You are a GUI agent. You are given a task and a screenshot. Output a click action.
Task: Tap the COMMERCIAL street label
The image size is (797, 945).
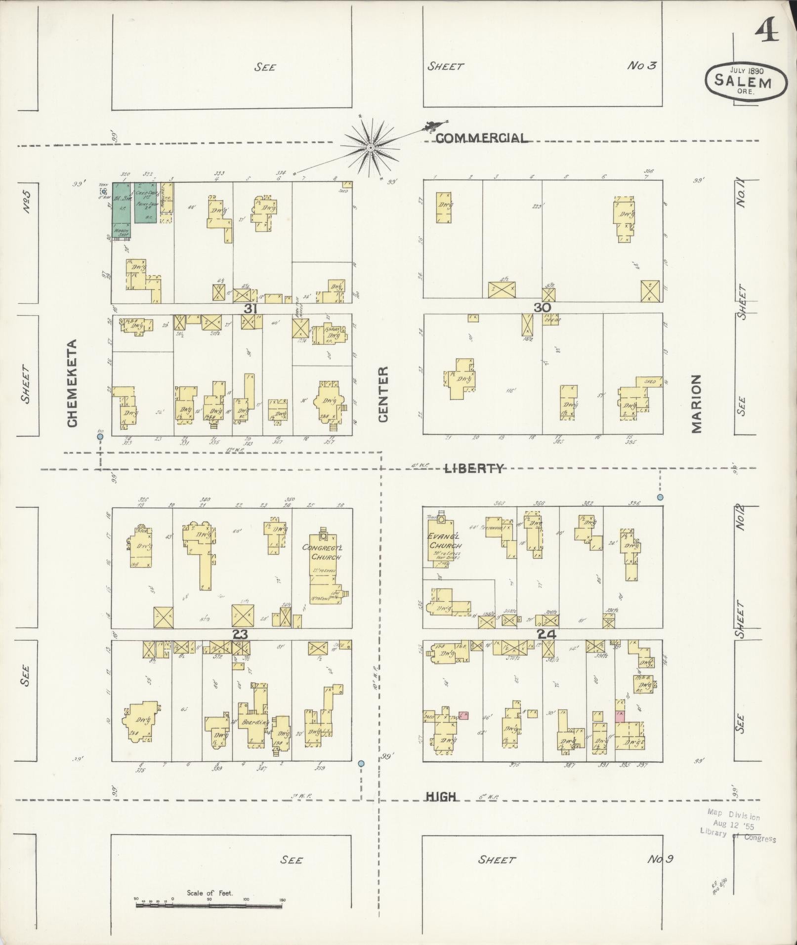coord(481,138)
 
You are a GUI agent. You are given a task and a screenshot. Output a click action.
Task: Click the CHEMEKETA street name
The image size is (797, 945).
coord(72,383)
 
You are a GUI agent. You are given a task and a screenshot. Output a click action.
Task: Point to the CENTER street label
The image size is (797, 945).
coord(384,394)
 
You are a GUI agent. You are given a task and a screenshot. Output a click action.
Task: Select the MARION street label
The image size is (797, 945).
coord(696,404)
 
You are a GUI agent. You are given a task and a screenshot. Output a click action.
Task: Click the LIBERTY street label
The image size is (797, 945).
coord(474,468)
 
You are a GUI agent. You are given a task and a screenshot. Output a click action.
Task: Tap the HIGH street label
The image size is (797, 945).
coord(441,796)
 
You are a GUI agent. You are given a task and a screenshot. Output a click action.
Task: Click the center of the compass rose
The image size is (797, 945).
coord(370,148)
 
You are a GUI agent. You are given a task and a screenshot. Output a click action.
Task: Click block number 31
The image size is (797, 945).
coord(251,308)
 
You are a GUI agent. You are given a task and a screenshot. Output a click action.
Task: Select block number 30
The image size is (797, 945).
coord(542,307)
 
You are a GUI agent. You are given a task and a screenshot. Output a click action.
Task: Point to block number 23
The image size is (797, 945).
coord(240,634)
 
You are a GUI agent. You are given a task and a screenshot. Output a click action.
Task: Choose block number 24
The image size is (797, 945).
coord(547,634)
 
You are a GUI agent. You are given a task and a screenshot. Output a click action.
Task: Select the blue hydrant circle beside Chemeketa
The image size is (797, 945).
coord(100,437)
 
